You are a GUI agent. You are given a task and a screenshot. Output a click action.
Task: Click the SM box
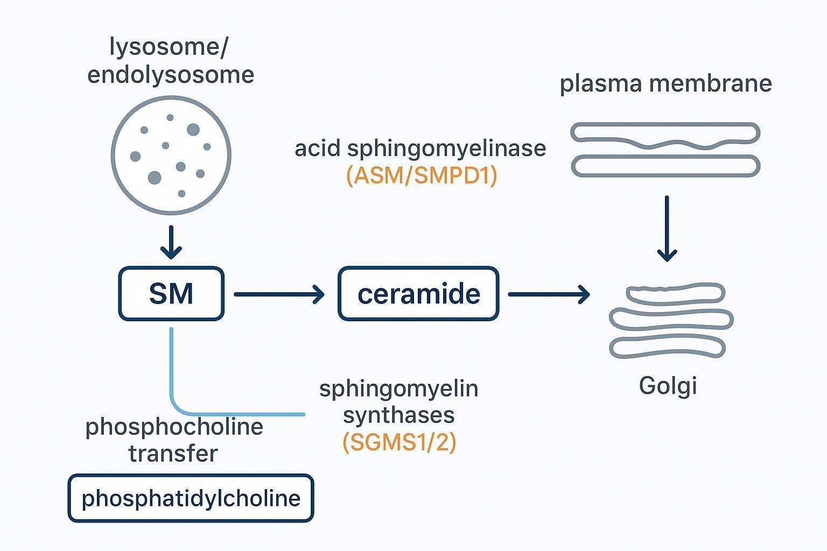[171, 294]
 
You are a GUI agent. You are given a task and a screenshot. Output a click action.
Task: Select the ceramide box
[418, 294]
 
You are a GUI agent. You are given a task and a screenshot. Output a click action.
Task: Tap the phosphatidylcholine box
[191, 498]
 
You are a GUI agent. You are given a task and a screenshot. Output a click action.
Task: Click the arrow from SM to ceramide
[279, 294]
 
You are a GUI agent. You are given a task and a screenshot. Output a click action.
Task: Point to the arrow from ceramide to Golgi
[549, 294]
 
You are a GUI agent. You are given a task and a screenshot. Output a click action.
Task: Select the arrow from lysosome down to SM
[171, 242]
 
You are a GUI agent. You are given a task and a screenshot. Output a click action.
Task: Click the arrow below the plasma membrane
[667, 228]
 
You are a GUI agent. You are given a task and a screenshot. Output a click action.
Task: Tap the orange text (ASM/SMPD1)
[422, 176]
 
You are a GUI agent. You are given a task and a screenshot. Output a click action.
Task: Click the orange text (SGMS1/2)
[399, 442]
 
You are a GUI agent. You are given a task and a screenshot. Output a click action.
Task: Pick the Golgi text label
[668, 386]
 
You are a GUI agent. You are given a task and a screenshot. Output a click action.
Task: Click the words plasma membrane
[665, 83]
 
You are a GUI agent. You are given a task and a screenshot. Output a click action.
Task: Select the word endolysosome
[171, 74]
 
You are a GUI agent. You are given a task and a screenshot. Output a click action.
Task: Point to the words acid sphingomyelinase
[420, 148]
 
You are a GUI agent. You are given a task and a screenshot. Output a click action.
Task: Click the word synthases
[398, 415]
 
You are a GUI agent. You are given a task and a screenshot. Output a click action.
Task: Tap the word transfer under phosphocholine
[173, 453]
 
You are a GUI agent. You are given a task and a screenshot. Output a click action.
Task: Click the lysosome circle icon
[171, 155]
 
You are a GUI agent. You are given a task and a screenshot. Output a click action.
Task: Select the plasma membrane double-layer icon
[665, 150]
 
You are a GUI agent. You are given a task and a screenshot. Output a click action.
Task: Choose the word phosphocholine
[174, 427]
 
